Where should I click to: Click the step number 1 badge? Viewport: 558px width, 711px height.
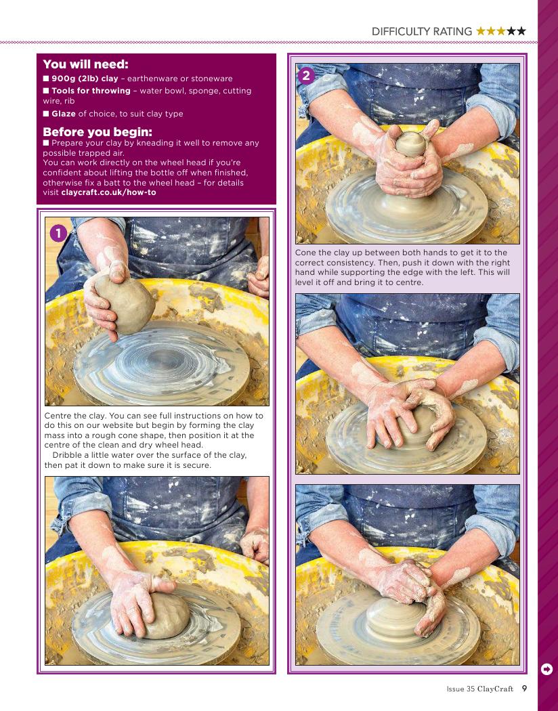58,234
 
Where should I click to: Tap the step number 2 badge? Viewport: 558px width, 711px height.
306,75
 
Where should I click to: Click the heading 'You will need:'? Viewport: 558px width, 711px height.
86,64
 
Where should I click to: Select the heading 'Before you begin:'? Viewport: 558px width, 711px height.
98,132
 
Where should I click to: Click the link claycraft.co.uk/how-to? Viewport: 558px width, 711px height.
108,192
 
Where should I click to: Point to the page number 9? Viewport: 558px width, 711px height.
524,689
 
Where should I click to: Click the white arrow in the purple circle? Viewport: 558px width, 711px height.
546,669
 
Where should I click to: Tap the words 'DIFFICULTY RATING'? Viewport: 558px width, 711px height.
422,31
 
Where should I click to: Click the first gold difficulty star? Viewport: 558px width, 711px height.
481,31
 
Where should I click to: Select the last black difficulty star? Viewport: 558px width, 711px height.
521,31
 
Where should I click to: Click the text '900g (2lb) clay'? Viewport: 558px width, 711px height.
85,79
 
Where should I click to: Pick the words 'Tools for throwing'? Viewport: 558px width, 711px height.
91,91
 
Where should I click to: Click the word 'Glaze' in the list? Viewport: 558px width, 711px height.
64,114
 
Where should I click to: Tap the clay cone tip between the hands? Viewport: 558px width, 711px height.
410,144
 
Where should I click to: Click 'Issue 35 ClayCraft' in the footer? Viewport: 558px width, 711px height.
479,689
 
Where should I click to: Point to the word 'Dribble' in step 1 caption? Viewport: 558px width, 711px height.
68,455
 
